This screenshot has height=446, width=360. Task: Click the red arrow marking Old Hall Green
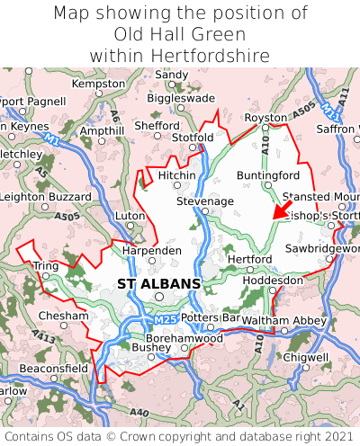283,210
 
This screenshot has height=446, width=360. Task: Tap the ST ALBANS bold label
158,284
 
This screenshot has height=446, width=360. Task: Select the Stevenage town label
204,201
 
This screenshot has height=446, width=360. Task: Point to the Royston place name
265,118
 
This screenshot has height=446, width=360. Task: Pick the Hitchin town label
176,174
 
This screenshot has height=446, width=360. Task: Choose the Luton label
130,216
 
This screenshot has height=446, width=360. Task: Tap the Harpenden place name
151,249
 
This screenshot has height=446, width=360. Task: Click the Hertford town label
249,259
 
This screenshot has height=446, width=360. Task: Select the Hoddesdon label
273,280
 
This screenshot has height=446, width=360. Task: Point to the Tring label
45,266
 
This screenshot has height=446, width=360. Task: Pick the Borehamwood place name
184,337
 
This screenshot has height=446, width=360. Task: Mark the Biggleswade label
181,98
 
